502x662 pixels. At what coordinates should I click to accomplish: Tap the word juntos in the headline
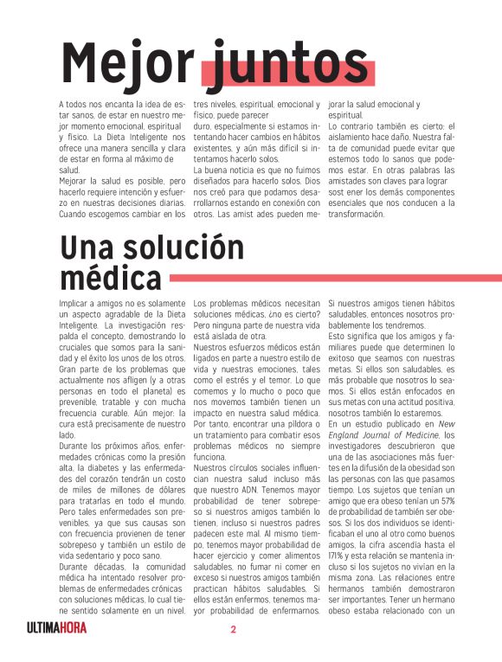pos(289,62)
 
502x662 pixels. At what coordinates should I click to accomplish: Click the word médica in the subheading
pos(111,278)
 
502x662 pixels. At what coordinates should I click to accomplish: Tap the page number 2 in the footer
pos(233,627)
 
